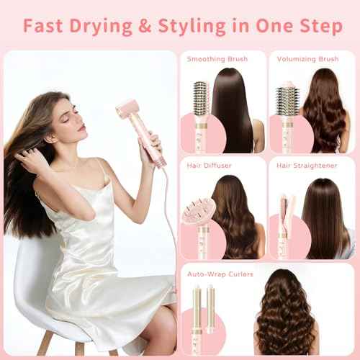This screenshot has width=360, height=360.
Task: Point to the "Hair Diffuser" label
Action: coord(208,166)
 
